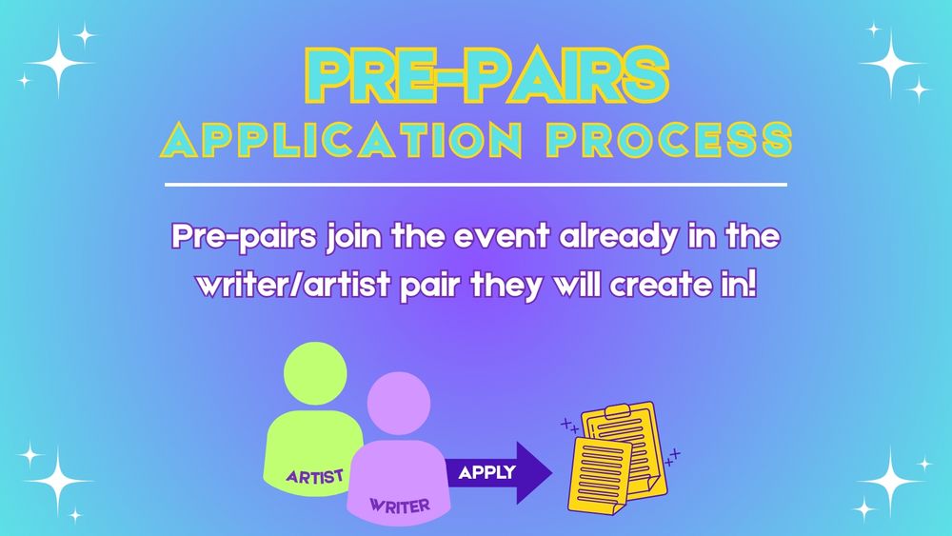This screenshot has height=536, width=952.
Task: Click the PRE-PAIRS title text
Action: pyautogui.click(x=486, y=75)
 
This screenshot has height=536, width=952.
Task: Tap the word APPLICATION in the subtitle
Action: pyautogui.click(x=341, y=140)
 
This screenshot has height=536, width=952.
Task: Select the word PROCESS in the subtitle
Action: pyautogui.click(x=669, y=140)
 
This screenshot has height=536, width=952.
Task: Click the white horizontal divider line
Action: pyautogui.click(x=476, y=184)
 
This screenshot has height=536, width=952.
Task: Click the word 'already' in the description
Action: pyautogui.click(x=618, y=237)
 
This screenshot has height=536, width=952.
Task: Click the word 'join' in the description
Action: pyautogui.click(x=355, y=237)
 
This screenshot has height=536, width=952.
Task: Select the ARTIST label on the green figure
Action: pyautogui.click(x=314, y=477)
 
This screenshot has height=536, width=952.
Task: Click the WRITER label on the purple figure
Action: pyautogui.click(x=400, y=505)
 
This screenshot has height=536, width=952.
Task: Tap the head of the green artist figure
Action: pyautogui.click(x=315, y=373)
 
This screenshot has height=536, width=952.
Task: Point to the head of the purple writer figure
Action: pyautogui.click(x=399, y=403)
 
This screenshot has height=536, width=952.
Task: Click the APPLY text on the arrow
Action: pyautogui.click(x=486, y=472)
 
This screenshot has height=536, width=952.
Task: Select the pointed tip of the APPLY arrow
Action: pyautogui.click(x=552, y=473)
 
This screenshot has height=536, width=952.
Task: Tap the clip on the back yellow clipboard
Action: pyautogui.click(x=618, y=411)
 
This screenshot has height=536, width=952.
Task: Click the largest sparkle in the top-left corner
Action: pyautogui.click(x=58, y=63)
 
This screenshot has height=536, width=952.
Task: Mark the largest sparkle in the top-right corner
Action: pyautogui.click(x=891, y=63)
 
